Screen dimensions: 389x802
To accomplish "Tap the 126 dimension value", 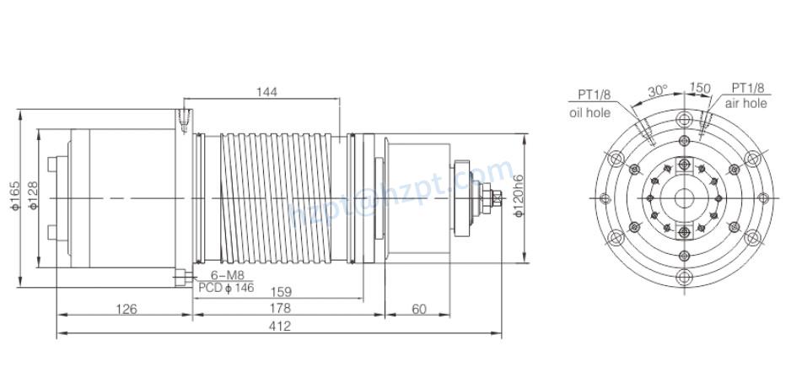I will pyautogui.click(x=126, y=309).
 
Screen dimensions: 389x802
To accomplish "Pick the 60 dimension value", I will pyautogui.click(x=419, y=309).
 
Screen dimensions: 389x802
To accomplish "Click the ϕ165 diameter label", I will pyautogui.click(x=15, y=198).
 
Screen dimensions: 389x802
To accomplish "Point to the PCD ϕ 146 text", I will pyautogui.click(x=225, y=288).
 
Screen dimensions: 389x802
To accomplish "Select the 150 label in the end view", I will pyautogui.click(x=699, y=88).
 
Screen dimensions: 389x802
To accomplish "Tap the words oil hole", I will pyautogui.click(x=589, y=111).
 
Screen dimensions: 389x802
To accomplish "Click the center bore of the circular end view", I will pyautogui.click(x=683, y=197).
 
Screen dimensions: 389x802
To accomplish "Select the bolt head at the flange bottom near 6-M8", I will pyautogui.click(x=181, y=275).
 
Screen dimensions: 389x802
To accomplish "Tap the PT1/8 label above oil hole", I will pyautogui.click(x=595, y=94).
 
